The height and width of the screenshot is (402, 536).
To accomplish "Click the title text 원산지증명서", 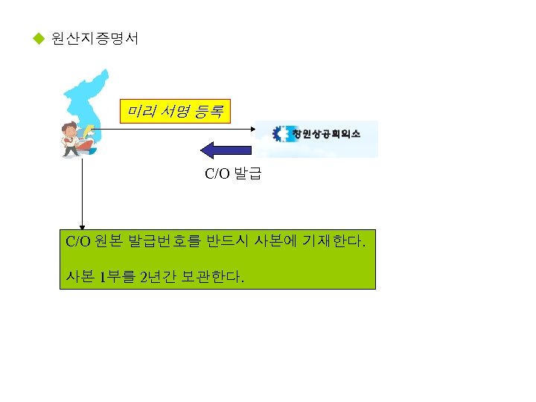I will [95, 38].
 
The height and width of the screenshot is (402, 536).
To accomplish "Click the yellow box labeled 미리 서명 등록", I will [176, 112].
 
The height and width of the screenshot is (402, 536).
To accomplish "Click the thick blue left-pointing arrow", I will [226, 150].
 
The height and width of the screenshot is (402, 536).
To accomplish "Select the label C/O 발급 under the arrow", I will [233, 175].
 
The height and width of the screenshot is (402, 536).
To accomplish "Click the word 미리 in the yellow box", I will [141, 112].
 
